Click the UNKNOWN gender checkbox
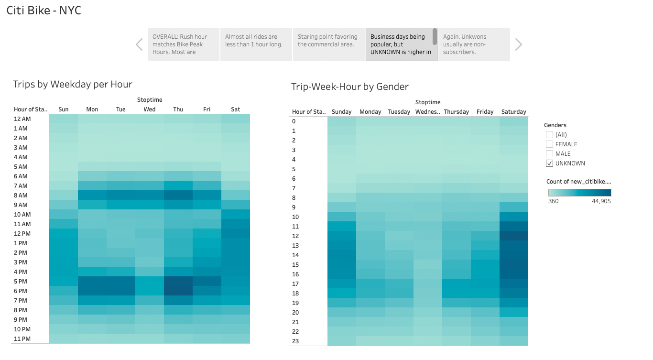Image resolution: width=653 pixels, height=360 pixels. pos(549,164)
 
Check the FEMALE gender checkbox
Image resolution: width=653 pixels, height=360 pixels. pos(549,144)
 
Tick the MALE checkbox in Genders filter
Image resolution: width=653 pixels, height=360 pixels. pos(549,154)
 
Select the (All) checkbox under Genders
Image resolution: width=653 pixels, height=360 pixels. pos(549,135)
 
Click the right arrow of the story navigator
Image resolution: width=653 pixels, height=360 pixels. pos(519,44)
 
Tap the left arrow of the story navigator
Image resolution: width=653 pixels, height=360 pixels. pos(139,44)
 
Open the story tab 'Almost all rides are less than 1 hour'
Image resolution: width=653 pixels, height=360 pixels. pos(255,44)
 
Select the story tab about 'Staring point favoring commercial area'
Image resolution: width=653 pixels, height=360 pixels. pos(328,44)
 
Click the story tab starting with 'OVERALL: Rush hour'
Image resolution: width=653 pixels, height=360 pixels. pos(183,44)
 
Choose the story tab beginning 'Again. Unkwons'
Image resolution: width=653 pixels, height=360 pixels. pos(474,44)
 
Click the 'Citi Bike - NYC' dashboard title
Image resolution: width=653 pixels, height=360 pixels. pos(44,11)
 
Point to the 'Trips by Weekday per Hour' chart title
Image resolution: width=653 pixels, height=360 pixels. pos(73,85)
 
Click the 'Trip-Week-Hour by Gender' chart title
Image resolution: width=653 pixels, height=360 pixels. pos(350,87)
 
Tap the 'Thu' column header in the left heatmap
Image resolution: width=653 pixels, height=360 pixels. pos(178,109)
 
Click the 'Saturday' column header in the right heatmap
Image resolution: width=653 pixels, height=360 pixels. pos(514,112)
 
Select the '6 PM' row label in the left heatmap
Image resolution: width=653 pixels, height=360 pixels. pos(21,291)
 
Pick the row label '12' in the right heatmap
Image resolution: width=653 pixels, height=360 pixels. pos(295,236)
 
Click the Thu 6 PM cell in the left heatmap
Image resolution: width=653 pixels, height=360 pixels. pos(178,291)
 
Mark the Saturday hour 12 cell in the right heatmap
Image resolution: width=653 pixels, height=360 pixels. pos(514,236)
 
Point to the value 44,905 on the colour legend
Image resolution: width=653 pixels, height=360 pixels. pos(600,201)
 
